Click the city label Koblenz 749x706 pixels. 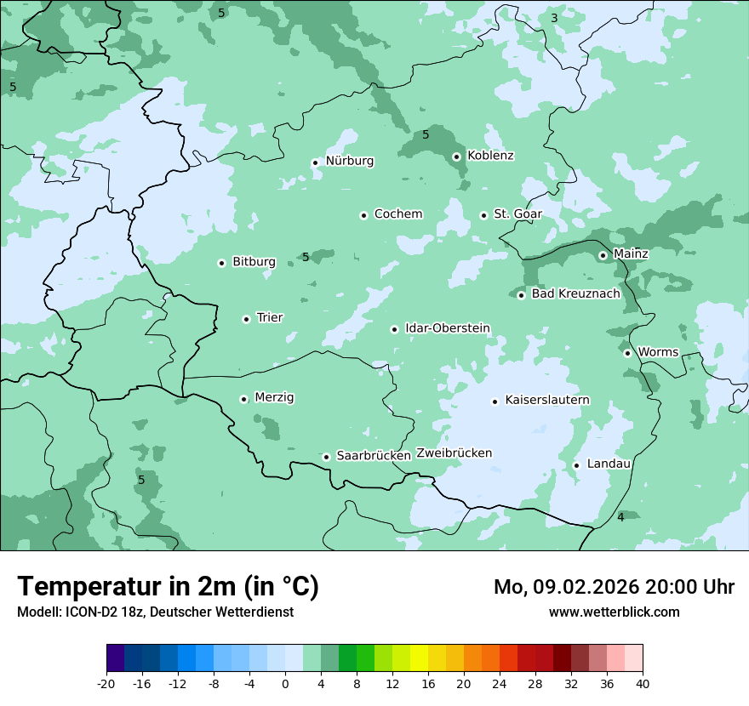(x=490, y=156)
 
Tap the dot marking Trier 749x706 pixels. (x=247, y=319)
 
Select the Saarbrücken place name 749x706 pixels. (x=374, y=456)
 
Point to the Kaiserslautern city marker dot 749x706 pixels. (x=495, y=401)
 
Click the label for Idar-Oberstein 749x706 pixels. (x=448, y=328)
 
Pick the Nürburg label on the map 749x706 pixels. (x=349, y=161)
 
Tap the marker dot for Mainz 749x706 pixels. (x=603, y=255)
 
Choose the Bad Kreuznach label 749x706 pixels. (x=575, y=293)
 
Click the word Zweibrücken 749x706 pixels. (x=454, y=453)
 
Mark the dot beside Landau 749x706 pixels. (x=576, y=465)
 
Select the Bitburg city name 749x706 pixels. (x=254, y=262)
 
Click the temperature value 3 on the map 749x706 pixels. (x=554, y=18)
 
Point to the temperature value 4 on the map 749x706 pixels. (x=620, y=517)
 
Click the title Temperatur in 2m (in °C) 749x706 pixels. (x=168, y=587)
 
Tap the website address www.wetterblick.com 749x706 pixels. (x=614, y=612)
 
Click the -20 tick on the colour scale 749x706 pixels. (x=106, y=683)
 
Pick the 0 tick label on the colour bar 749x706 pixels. (x=285, y=683)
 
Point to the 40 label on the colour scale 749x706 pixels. (x=643, y=683)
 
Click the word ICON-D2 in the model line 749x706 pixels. (x=89, y=612)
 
